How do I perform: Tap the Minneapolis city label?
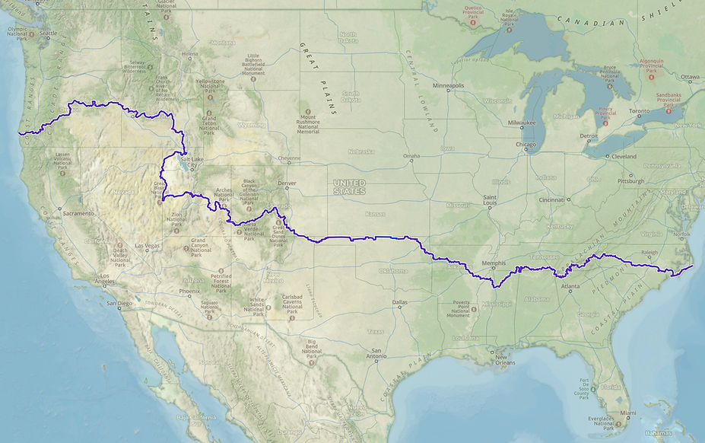point(447,86)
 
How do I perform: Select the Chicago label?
point(524,144)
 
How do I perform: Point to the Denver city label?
point(287,183)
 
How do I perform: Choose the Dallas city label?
point(400,302)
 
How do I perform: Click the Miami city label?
point(627,413)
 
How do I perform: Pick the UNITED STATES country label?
point(349,187)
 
